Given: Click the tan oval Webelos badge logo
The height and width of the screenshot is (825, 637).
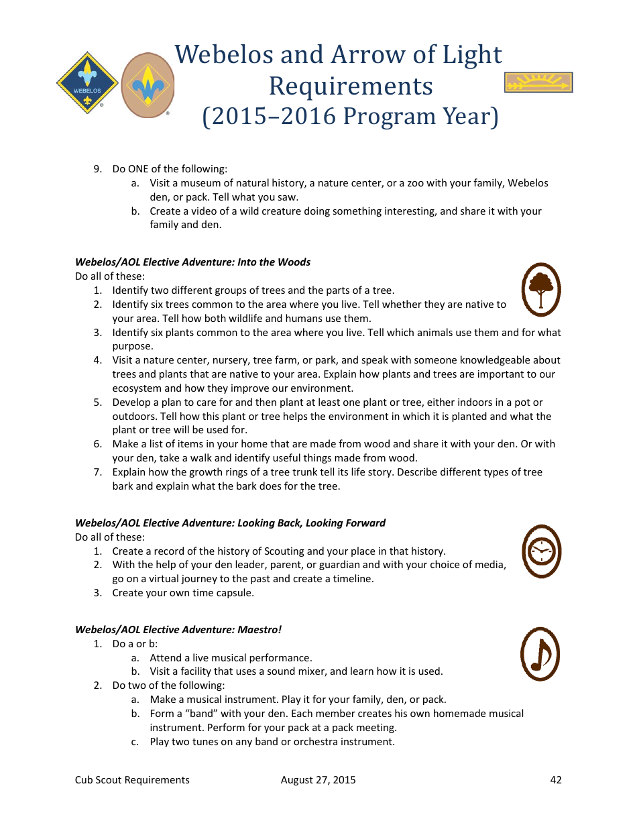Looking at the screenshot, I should click(x=148, y=85).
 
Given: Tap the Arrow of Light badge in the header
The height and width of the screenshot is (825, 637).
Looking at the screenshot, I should click(x=538, y=82).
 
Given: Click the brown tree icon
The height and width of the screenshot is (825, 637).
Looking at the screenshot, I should click(x=540, y=289).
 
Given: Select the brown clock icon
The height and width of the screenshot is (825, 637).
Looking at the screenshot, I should click(x=540, y=551).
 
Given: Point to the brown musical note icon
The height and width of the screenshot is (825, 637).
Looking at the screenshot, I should click(x=540, y=654).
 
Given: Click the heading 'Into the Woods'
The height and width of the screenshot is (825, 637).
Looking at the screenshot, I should click(x=274, y=262).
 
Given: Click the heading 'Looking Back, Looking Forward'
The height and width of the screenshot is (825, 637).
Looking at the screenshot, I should click(x=311, y=523).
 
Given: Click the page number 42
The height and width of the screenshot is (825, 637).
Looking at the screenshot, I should click(x=555, y=779).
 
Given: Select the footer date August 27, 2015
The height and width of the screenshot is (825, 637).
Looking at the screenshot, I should click(x=318, y=779).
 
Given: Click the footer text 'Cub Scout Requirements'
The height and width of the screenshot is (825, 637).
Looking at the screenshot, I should click(x=132, y=779).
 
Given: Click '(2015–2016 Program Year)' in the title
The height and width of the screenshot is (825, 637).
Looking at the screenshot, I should click(x=351, y=117).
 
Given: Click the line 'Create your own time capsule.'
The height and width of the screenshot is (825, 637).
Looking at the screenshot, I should click(x=183, y=593).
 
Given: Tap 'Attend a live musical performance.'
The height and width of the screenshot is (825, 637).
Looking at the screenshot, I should click(x=231, y=658).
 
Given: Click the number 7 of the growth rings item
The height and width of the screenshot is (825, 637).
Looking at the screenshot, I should click(x=97, y=472).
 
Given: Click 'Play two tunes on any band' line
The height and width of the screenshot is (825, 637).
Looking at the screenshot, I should click(x=272, y=742).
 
